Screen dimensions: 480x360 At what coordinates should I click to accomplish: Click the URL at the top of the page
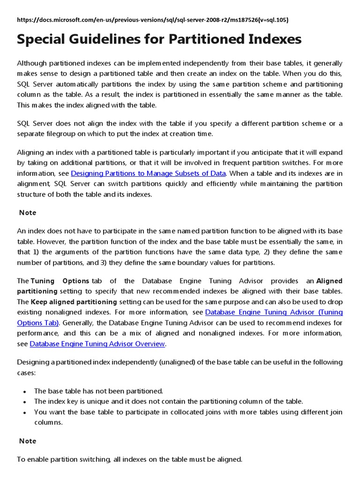(x=153, y=20)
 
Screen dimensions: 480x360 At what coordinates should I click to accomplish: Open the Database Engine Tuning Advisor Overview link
(x=97, y=344)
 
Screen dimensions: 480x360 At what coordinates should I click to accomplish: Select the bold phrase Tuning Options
(x=60, y=281)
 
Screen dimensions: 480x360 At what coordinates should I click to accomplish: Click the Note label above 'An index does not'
(x=28, y=213)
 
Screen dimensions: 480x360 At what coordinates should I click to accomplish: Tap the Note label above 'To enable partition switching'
(x=28, y=441)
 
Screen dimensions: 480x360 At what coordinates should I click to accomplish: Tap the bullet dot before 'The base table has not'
(x=24, y=391)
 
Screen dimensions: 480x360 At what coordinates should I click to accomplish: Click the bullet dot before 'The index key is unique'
(x=24, y=402)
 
